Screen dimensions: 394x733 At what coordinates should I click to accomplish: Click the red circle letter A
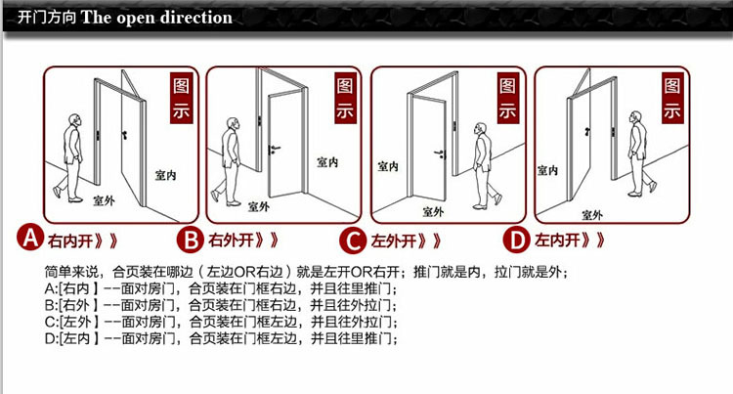[x=31, y=239]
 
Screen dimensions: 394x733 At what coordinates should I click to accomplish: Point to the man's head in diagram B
[x=235, y=124]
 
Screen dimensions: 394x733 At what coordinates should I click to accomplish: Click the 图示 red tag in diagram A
[x=182, y=98]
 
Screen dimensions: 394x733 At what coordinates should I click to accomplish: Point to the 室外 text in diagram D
[x=591, y=213]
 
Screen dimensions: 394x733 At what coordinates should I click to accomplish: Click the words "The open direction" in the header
[x=157, y=18]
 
